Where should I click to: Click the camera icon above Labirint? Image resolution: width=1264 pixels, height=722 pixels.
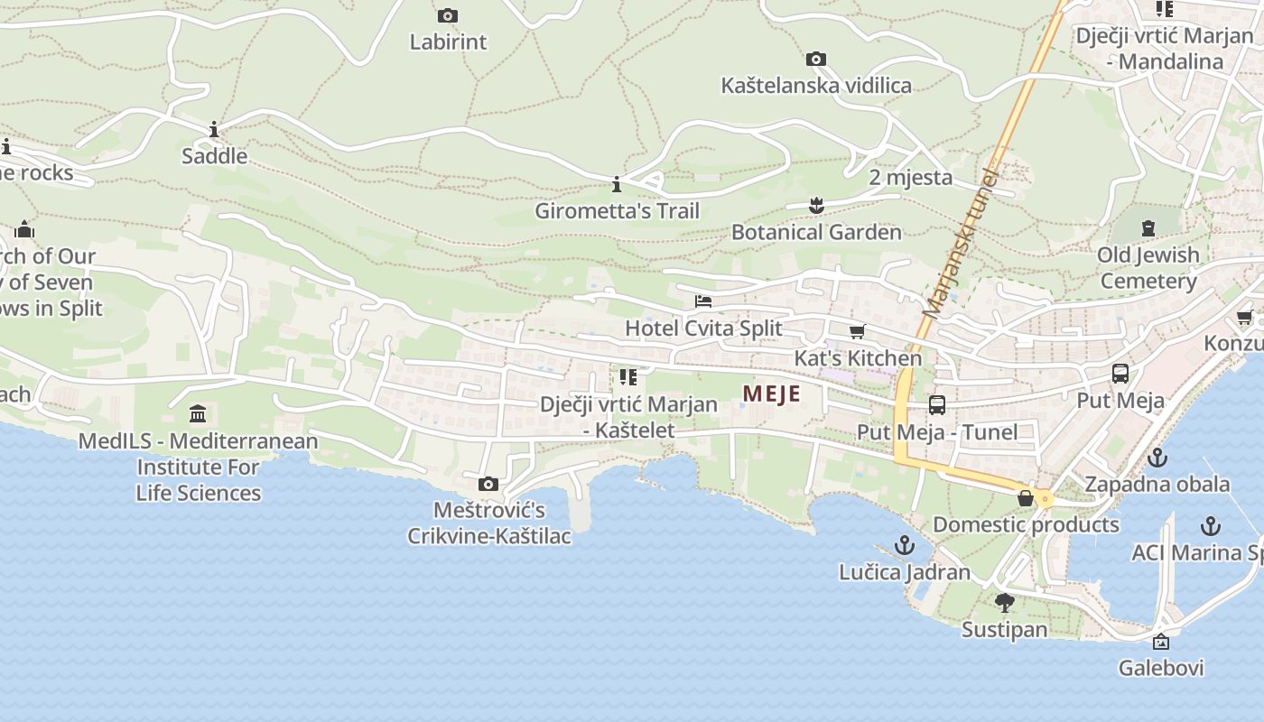447,15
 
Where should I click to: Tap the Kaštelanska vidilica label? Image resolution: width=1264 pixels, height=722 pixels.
816,86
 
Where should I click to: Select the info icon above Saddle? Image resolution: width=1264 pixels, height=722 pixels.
214,130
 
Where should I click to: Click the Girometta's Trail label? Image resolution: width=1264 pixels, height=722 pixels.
617,211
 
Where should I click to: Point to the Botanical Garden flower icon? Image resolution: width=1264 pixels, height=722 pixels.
816,206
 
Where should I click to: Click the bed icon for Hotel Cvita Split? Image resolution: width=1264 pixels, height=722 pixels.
702,301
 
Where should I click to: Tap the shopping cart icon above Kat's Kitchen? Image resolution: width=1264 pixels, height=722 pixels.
857,332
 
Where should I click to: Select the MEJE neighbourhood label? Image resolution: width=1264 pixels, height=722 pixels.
771,393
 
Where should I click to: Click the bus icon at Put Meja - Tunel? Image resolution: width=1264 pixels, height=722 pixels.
936,405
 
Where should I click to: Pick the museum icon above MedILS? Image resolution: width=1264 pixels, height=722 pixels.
198,414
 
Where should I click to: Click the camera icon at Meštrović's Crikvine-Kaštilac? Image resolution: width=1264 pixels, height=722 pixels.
488,485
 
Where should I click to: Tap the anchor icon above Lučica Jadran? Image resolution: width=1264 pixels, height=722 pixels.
904,545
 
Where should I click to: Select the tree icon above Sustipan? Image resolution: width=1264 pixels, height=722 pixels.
1004,602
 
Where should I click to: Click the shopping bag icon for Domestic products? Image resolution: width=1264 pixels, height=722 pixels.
1026,498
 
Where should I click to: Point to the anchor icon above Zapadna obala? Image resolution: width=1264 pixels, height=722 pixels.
1157,458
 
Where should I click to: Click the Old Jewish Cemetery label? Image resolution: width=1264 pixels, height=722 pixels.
1148,268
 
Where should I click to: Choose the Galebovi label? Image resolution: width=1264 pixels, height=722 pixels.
1160,669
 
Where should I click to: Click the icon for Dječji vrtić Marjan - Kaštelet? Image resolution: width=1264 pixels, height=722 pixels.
628,377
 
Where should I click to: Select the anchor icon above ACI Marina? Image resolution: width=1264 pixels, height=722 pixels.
1210,525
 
